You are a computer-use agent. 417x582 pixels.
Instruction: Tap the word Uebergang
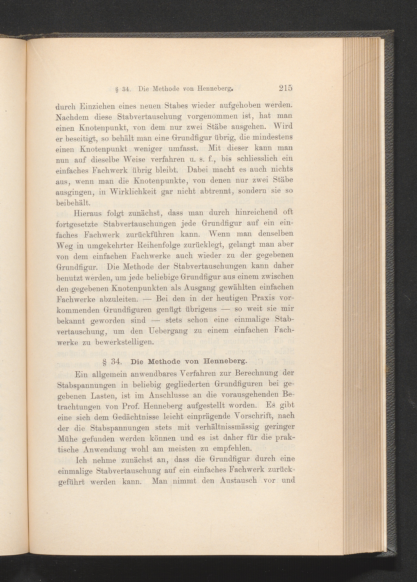[168, 331]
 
